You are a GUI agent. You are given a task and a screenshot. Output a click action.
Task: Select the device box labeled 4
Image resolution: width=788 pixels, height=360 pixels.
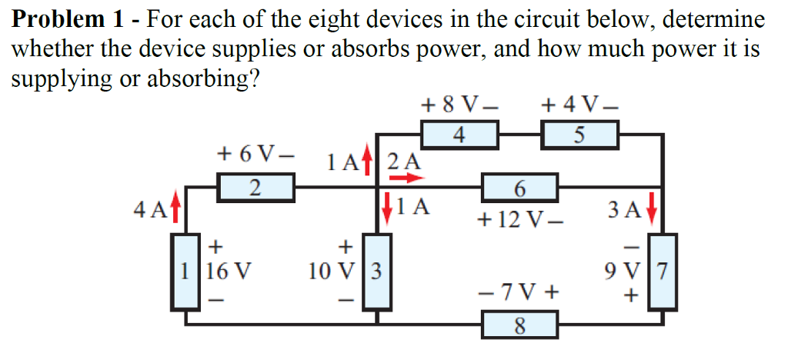459,135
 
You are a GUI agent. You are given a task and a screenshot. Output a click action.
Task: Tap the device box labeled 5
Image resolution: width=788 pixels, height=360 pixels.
580,136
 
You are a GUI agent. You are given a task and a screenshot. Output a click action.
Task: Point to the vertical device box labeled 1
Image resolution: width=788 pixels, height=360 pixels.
185,271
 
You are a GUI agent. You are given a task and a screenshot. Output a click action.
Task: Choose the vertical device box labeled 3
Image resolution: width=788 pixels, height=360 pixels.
376,272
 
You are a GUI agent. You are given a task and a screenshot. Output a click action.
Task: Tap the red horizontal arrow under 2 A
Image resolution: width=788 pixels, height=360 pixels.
406,178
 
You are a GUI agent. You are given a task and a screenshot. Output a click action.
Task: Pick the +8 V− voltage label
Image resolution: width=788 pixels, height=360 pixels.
459,103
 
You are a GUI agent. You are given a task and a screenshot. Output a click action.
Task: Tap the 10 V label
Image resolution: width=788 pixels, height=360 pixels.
332,272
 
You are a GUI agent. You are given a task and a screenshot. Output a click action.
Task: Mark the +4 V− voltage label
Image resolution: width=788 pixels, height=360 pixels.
579,103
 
